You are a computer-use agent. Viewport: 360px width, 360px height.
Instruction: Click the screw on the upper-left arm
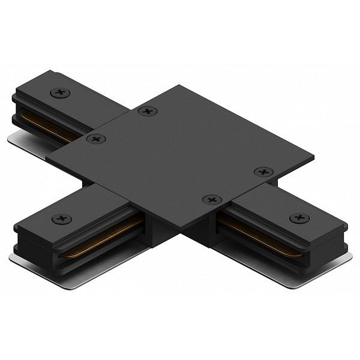[59, 92]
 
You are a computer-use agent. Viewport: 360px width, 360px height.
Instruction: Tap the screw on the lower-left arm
[62, 219]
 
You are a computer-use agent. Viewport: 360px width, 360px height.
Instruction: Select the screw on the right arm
[297, 218]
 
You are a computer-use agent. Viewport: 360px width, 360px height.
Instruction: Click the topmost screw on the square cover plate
[146, 111]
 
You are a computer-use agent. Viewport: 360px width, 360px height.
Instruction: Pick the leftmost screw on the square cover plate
[95, 139]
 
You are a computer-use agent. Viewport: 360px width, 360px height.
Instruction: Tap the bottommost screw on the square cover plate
[211, 199]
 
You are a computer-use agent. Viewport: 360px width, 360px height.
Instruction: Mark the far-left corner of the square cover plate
[49, 162]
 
